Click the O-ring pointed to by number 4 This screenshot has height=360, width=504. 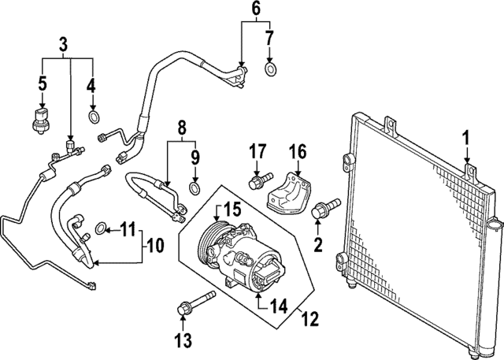pos(93,117)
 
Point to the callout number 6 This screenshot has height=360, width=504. pos(255,9)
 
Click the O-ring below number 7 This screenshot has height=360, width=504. pos(271,71)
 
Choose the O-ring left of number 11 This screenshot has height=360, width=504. pos(101,229)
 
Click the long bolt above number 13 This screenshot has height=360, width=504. pos(194,299)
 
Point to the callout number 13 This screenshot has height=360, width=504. pos(183,340)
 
